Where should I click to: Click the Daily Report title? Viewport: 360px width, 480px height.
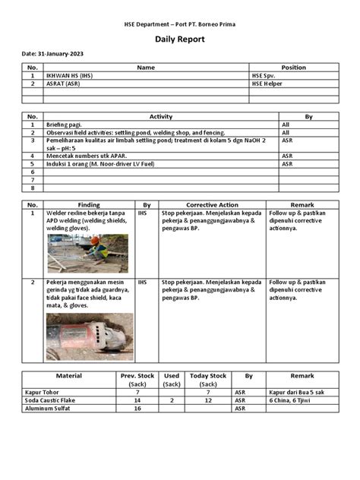[180, 39]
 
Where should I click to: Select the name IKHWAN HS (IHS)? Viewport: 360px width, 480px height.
[71, 76]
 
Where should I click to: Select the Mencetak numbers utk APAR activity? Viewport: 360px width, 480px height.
[87, 155]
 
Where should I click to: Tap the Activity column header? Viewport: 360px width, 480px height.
[159, 116]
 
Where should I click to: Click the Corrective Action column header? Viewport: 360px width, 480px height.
[212, 205]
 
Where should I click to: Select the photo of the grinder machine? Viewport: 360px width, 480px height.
[89, 336]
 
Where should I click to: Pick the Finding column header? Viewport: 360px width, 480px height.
[88, 205]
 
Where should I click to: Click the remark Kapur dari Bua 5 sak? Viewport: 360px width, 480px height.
[302, 392]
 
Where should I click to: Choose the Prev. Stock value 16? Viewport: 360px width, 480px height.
[137, 408]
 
